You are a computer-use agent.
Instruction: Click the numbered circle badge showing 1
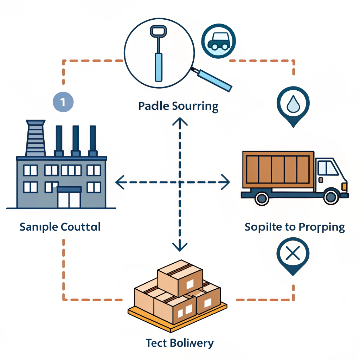click(x=63, y=102)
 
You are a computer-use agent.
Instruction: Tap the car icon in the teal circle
click(x=218, y=41)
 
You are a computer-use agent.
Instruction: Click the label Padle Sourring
click(x=178, y=106)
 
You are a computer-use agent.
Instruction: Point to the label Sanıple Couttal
click(x=60, y=227)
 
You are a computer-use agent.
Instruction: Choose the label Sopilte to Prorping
click(x=295, y=227)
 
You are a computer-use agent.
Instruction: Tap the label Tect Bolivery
click(x=179, y=342)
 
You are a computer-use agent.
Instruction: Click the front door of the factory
click(x=69, y=198)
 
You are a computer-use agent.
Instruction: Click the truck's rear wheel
click(x=262, y=198)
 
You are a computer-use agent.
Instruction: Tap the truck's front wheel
click(x=331, y=198)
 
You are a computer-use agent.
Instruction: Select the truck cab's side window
click(x=327, y=168)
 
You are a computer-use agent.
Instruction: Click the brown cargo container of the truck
click(x=278, y=170)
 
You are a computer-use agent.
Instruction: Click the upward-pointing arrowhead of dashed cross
click(x=180, y=122)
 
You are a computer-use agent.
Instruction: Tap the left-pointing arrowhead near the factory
click(x=120, y=182)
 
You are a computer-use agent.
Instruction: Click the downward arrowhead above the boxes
click(x=180, y=246)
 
